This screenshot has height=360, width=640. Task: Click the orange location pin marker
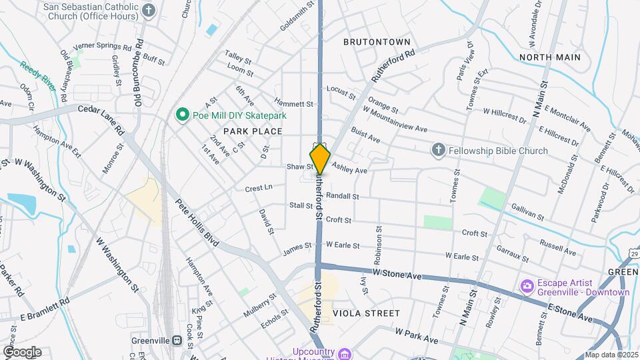pyautogui.click(x=320, y=159)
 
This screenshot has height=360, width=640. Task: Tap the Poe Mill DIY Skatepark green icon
pyautogui.click(x=181, y=115)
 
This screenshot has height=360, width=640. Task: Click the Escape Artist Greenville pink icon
pyautogui.click(x=527, y=286)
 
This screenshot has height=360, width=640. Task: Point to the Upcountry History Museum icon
pyautogui.click(x=345, y=353)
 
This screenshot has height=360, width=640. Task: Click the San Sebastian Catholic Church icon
pyautogui.click(x=149, y=11)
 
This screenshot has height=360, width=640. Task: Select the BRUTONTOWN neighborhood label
pyautogui.click(x=377, y=42)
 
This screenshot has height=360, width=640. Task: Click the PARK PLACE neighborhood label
pyautogui.click(x=253, y=131)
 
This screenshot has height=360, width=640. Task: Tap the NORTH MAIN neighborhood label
pyautogui.click(x=550, y=57)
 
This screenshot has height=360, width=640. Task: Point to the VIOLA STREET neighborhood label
pyautogui.click(x=366, y=313)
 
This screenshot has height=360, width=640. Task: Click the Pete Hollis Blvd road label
pyautogui.click(x=197, y=223)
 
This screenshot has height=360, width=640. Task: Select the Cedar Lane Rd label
pyautogui.click(x=101, y=119)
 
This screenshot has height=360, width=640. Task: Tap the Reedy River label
pyautogui.click(x=38, y=77)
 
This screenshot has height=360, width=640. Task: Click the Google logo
pyautogui.click(x=22, y=351)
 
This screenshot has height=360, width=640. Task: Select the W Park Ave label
pyautogui.click(x=416, y=335)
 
